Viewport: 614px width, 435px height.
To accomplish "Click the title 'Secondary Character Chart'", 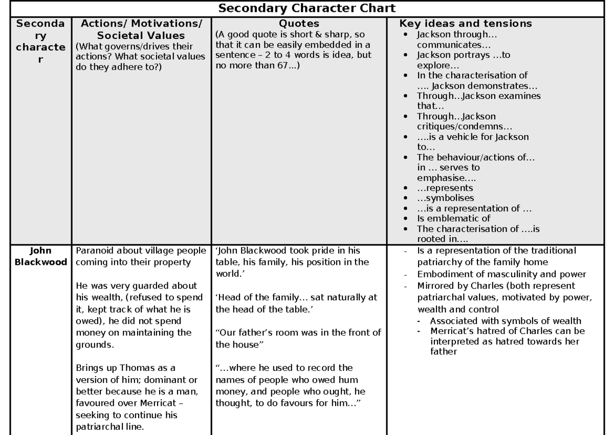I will (307, 8).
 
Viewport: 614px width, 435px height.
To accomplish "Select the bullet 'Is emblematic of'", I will (447, 217).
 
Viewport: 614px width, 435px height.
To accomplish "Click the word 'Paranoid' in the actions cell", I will (93, 251).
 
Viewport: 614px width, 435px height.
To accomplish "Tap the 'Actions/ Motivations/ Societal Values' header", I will (139, 29).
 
